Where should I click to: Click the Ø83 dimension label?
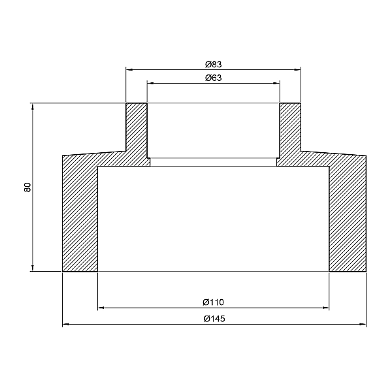[x=213, y=65]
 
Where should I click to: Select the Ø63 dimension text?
[x=213, y=78]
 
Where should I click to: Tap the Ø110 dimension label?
[x=213, y=302]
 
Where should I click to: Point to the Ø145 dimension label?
[x=214, y=319]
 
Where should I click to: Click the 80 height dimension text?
[x=27, y=188]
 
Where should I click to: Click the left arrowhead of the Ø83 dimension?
[x=129, y=70]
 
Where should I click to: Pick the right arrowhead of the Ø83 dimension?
[x=297, y=70]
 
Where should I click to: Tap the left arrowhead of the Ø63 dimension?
[x=150, y=83]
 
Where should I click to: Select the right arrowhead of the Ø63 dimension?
[x=276, y=83]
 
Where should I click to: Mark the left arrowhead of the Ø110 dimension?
[x=101, y=308]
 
